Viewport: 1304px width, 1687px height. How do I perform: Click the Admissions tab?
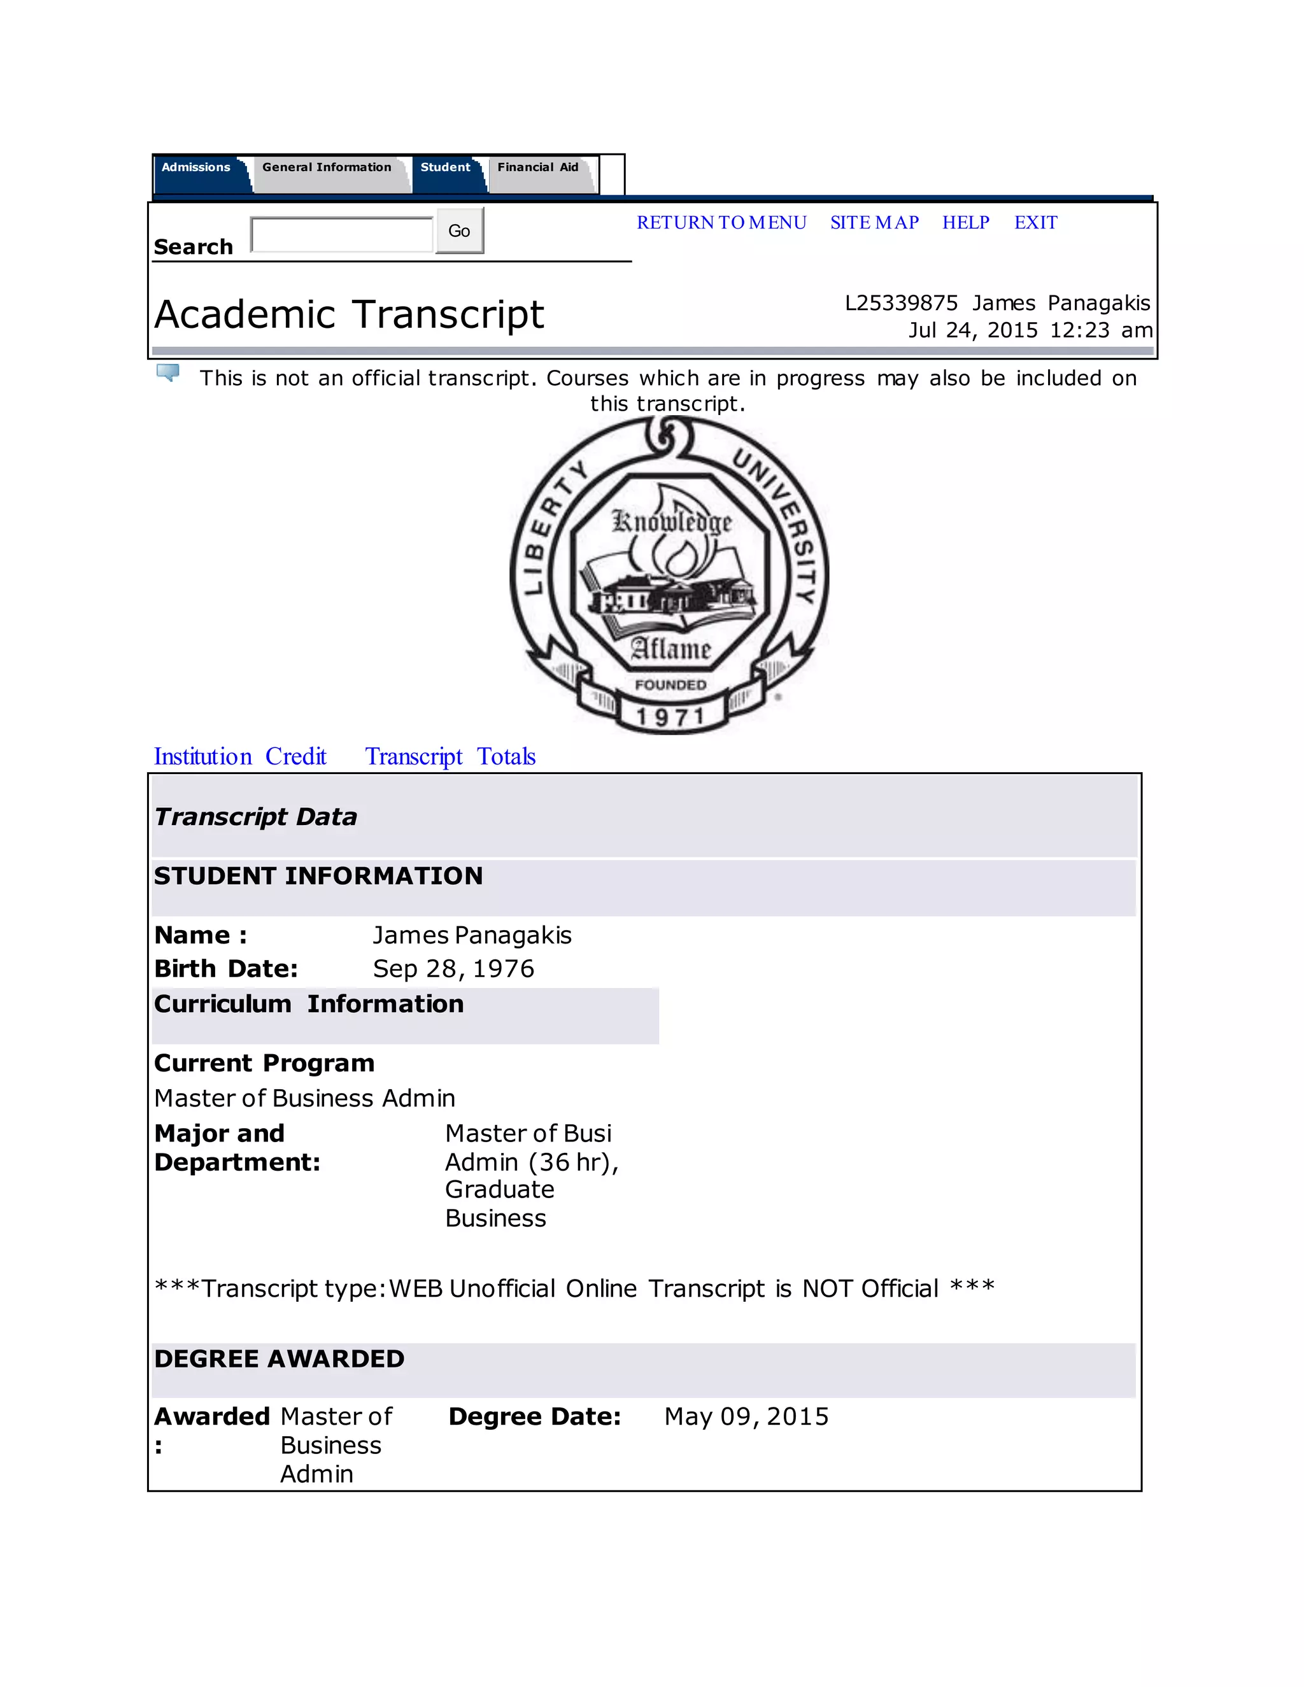195,167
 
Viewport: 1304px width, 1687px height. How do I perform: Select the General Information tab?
326,167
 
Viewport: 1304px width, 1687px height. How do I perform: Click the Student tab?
445,167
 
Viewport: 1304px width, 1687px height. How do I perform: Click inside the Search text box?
342,234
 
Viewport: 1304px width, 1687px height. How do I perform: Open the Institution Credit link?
240,756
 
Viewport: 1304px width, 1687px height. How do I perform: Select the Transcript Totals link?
450,756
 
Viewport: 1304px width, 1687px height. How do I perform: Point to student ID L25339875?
901,303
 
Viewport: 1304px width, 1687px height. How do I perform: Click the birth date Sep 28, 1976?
453,969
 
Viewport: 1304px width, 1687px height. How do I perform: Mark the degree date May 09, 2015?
746,1416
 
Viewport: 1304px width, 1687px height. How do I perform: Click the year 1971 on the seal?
670,717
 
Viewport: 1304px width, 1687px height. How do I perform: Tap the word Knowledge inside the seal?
671,522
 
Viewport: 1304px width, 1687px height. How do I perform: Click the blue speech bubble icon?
167,373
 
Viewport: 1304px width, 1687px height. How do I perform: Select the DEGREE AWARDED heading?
279,1359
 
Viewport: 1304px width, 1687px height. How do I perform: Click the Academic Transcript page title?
349,314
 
